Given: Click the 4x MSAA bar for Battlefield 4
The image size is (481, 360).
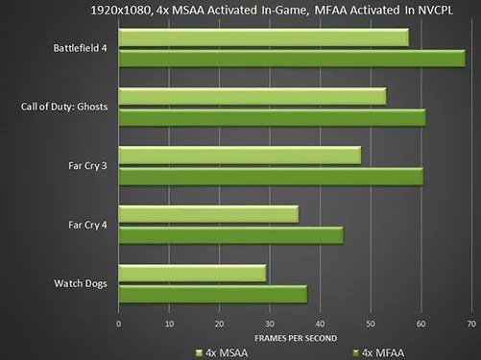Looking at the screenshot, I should pyautogui.click(x=263, y=37).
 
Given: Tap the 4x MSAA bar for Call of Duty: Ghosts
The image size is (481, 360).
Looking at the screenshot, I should pyautogui.click(x=252, y=96).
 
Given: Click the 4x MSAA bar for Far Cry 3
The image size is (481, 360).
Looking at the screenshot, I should pyautogui.click(x=239, y=156).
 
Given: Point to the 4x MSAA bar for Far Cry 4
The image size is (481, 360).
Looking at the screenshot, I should pyautogui.click(x=207, y=214).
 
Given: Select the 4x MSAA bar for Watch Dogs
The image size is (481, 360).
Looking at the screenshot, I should pyautogui.click(x=192, y=274).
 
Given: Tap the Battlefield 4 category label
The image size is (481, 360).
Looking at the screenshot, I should pyautogui.click(x=81, y=47).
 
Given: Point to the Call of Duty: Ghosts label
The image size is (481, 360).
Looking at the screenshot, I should pyautogui.click(x=63, y=106).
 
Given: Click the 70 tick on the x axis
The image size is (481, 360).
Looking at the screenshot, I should pyautogui.click(x=471, y=323).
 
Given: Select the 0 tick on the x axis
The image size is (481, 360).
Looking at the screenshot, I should pyautogui.click(x=118, y=323).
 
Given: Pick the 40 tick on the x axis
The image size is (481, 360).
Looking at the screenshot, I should pyautogui.click(x=320, y=323).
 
